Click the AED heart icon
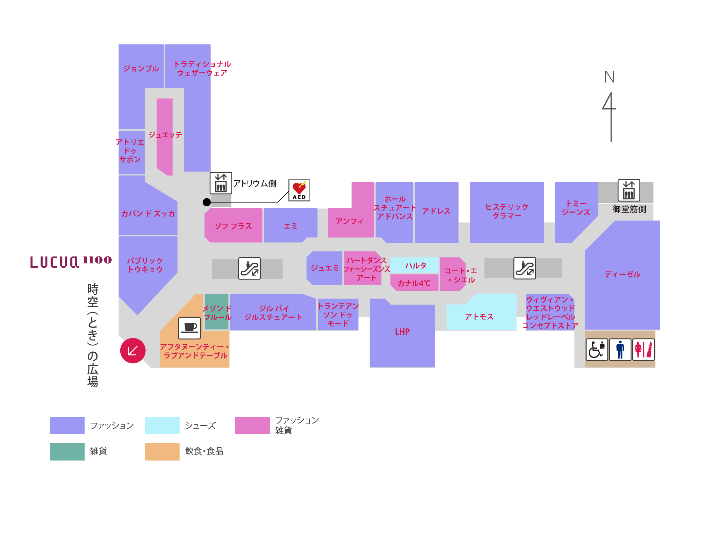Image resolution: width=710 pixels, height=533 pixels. point(299,190)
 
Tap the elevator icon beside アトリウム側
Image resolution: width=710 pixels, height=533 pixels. point(221,183)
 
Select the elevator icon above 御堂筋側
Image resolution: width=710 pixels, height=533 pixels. point(629,190)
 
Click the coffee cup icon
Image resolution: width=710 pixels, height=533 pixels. point(189,328)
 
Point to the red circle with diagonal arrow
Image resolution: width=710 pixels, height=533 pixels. point(133,351)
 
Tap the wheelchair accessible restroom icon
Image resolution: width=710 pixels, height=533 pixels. point(597,350)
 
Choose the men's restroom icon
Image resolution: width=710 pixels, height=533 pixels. point(620,350)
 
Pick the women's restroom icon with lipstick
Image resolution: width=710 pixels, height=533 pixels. point(643,350)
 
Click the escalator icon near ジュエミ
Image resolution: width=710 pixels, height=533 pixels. point(249,268)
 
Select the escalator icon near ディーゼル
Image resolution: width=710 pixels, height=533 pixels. point(525,268)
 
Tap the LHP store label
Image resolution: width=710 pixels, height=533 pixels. point(402,332)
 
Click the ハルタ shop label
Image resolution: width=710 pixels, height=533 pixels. point(416,266)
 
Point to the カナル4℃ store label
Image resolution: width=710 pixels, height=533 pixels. point(414,283)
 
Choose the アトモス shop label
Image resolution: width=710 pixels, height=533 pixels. point(479,317)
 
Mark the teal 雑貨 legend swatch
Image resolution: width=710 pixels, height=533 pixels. point(67,452)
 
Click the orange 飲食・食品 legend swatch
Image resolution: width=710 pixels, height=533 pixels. point(162,452)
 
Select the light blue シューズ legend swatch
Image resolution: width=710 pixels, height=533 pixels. point(162,425)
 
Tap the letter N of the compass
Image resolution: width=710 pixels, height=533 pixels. point(609,77)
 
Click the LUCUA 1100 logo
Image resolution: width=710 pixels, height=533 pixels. point(71,261)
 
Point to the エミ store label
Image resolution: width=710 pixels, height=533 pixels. point(291,226)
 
